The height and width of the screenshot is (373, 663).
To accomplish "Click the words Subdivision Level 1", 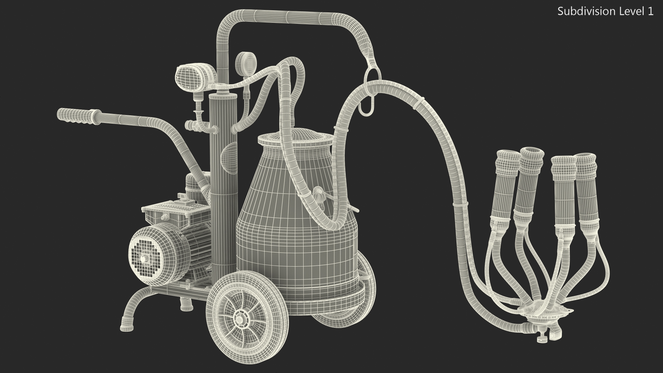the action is click(605, 11).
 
